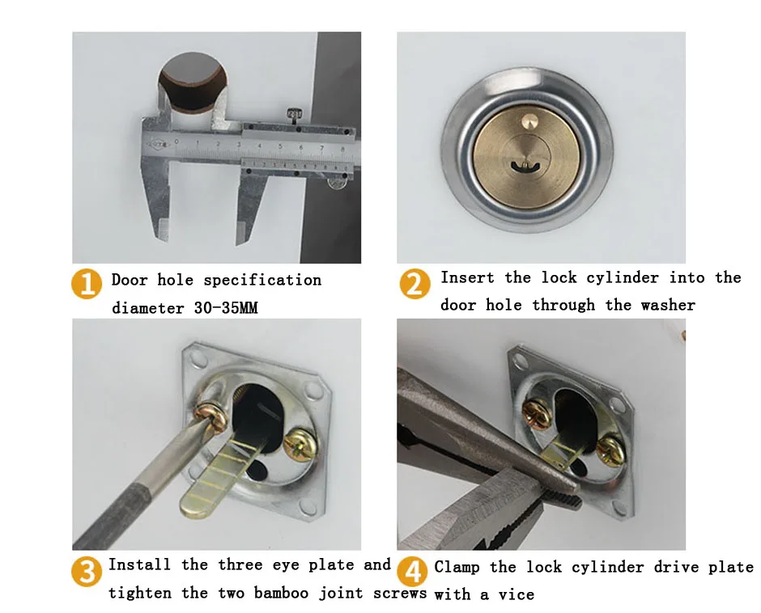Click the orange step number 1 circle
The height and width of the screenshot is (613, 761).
pos(87,284)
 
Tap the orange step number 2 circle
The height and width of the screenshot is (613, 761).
pos(415,284)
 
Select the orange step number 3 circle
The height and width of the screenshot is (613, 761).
pos(87,571)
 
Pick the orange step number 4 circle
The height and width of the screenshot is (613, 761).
pos(412,571)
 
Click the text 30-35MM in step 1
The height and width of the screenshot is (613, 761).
pos(226,308)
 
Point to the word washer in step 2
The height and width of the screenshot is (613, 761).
pos(668,305)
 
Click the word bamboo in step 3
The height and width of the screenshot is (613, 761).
pos(281,593)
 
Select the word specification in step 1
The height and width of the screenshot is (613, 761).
pos(262,281)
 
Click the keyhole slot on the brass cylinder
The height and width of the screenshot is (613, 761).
pos(525,167)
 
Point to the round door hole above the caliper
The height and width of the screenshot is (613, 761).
pos(193,82)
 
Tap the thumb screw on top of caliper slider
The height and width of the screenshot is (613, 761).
pos(294,116)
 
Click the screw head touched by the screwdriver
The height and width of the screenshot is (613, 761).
pos(210,416)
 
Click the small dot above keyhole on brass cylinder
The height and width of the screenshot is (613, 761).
pos(528,120)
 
